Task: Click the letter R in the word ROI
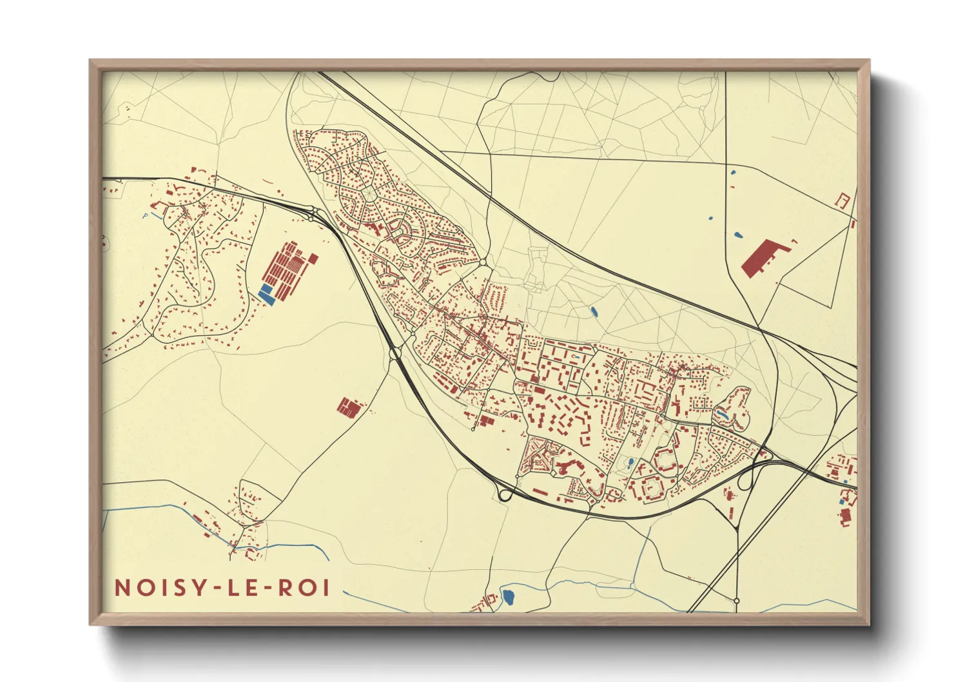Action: pyautogui.click(x=284, y=588)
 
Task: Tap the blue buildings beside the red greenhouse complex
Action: pyautogui.click(x=266, y=294)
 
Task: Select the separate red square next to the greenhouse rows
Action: pyautogui.click(x=313, y=258)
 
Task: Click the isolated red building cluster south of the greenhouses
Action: pyautogui.click(x=348, y=407)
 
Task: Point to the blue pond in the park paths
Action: pyautogui.click(x=594, y=312)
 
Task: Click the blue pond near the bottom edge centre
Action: pyautogui.click(x=509, y=596)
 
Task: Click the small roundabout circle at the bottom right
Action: pyautogui.click(x=737, y=601)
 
